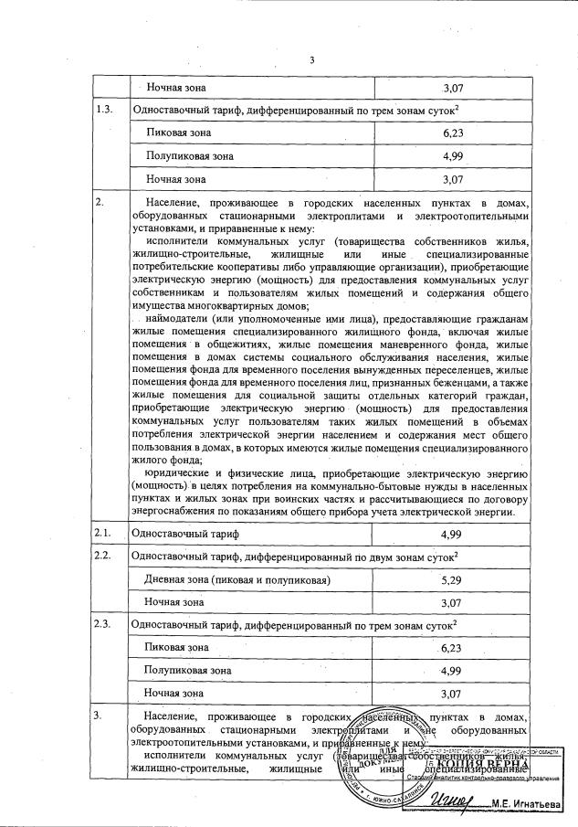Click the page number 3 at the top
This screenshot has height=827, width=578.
tap(311, 60)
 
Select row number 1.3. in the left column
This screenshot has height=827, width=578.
tap(105, 111)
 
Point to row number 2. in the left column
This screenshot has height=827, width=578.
tap(100, 201)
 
